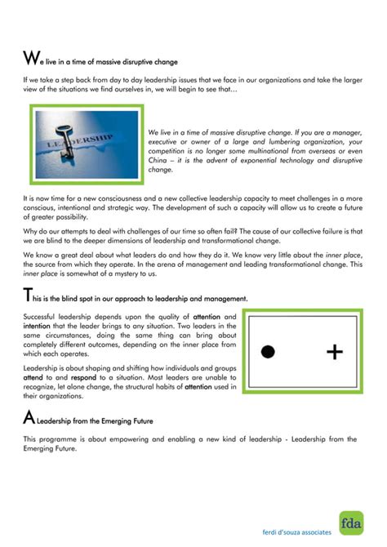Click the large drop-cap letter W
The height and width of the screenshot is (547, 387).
pos(30,58)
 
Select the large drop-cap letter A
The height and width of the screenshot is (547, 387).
pos(29,419)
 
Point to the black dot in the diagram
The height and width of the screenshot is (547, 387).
pos(266,352)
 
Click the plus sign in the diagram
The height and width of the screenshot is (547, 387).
pos(334,352)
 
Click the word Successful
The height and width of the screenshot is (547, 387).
pos(42,316)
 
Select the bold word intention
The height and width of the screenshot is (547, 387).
pos(38,326)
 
